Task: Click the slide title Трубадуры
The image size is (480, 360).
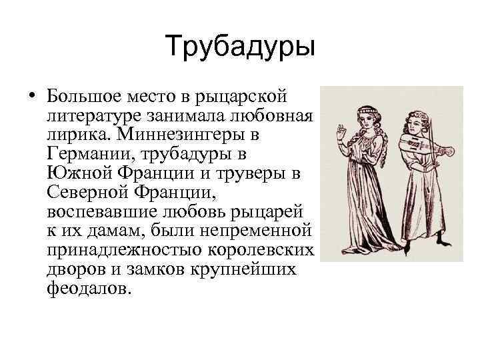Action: click(x=240, y=47)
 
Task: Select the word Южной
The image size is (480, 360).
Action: click(x=79, y=174)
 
